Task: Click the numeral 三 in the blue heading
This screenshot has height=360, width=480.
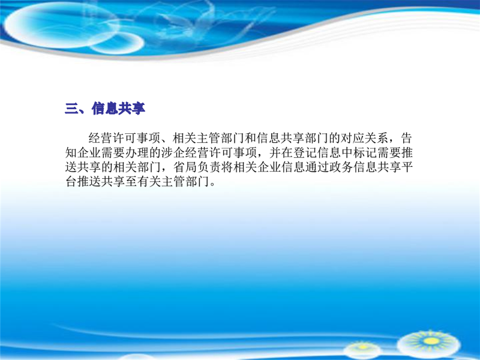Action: pyautogui.click(x=71, y=109)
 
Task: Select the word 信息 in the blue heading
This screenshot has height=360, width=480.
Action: pyautogui.click(x=105, y=109)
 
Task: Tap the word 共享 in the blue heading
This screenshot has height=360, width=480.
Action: pyautogui.click(x=131, y=109)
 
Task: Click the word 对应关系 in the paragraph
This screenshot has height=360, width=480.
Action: pyautogui.click(x=365, y=139)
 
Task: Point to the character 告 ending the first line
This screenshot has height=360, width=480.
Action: pyautogui.click(x=406, y=139)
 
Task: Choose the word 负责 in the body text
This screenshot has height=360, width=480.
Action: pyautogui.click(x=209, y=167)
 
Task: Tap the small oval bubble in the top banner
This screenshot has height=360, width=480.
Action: pyautogui.click(x=117, y=43)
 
